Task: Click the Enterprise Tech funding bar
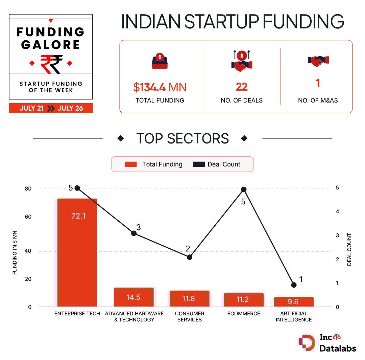[x=77, y=252]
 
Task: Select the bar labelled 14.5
[x=133, y=297]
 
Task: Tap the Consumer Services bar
[x=189, y=299]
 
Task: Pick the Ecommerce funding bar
[x=243, y=300]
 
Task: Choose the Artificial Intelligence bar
[x=294, y=302]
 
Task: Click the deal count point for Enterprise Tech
[x=77, y=188]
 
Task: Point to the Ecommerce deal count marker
[x=243, y=189]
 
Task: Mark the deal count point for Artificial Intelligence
[x=294, y=285]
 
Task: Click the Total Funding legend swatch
[x=131, y=164]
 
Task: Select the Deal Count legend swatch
[x=199, y=164]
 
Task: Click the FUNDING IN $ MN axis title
[x=15, y=252]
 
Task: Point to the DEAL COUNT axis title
[x=349, y=250]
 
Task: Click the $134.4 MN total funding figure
[x=160, y=87]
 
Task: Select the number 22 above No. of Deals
[x=242, y=87]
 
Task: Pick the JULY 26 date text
[x=70, y=108]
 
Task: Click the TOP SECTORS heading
[x=182, y=139]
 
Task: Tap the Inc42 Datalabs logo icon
[x=307, y=343]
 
